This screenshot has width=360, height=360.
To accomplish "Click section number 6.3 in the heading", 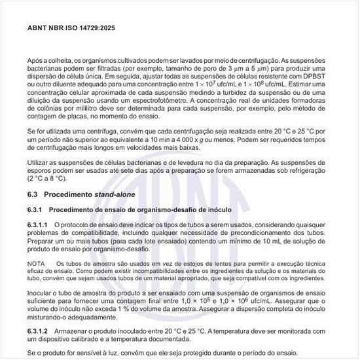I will (x=33, y=194).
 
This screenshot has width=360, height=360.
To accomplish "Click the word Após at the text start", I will (x=35, y=59).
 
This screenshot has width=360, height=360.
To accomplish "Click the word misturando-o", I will (x=53, y=317).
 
